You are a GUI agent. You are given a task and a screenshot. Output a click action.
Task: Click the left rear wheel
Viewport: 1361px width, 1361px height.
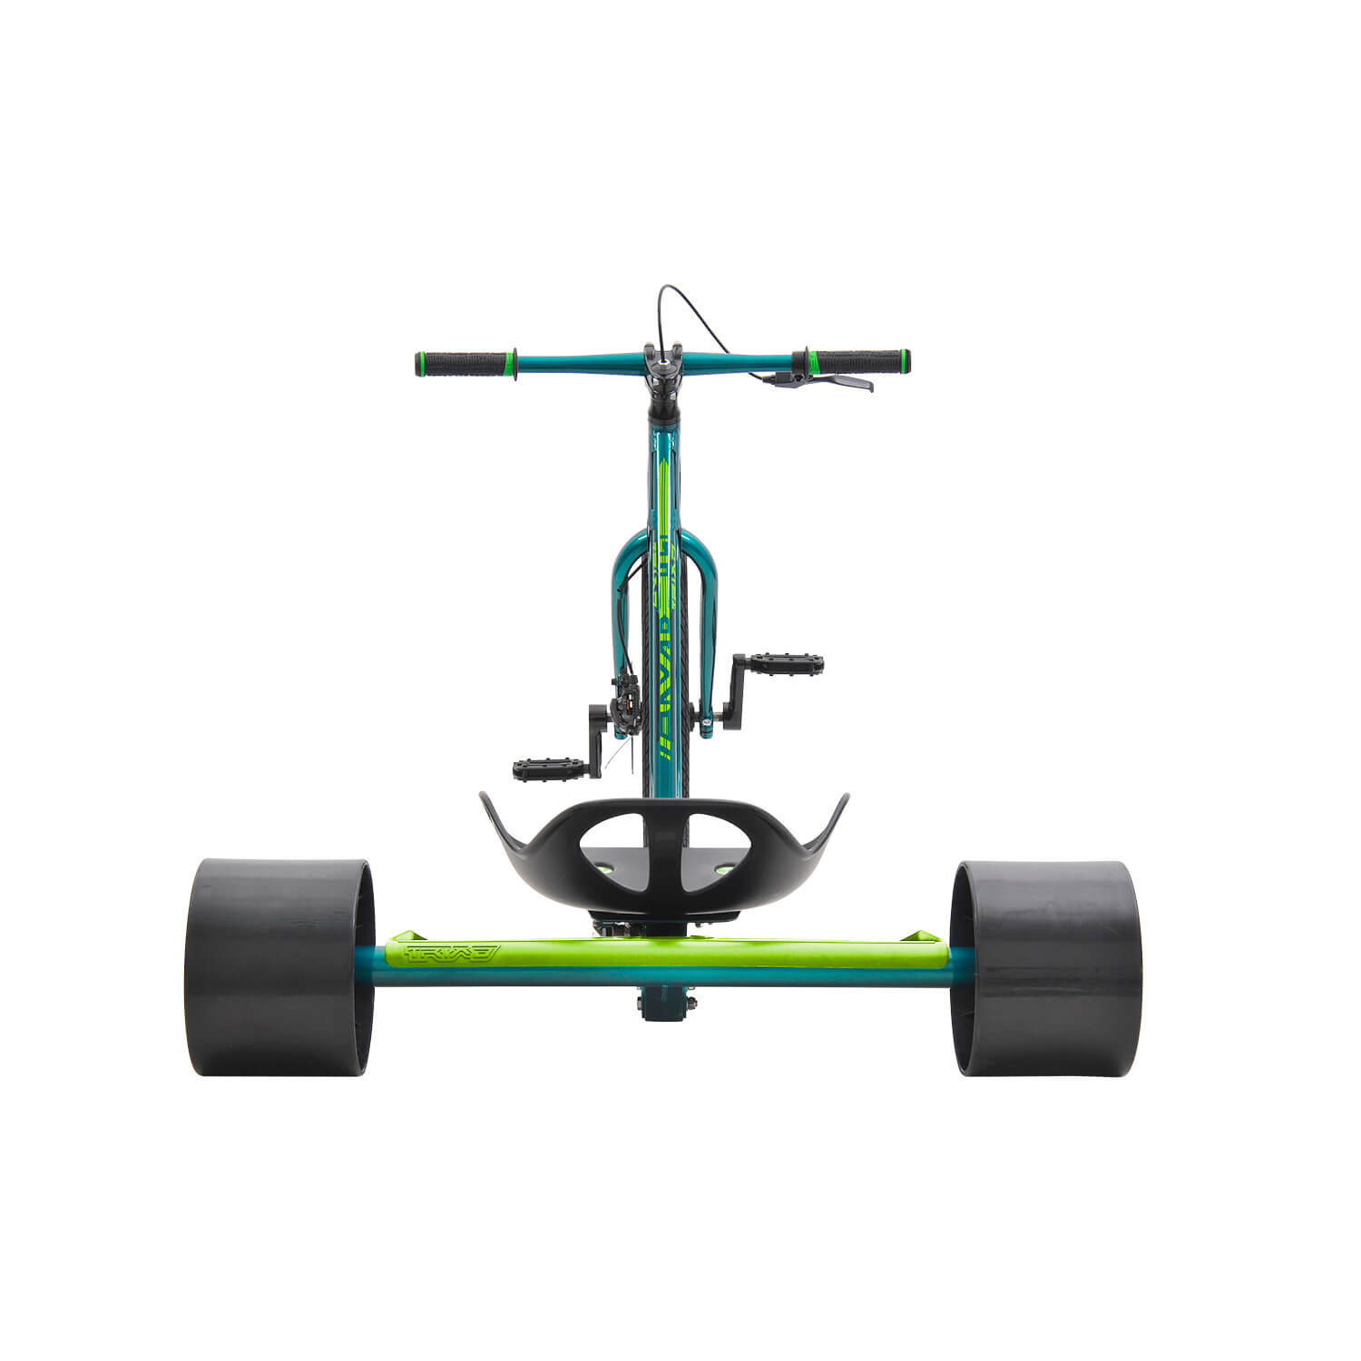277,967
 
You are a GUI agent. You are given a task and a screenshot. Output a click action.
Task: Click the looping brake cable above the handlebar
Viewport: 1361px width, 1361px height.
697,313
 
